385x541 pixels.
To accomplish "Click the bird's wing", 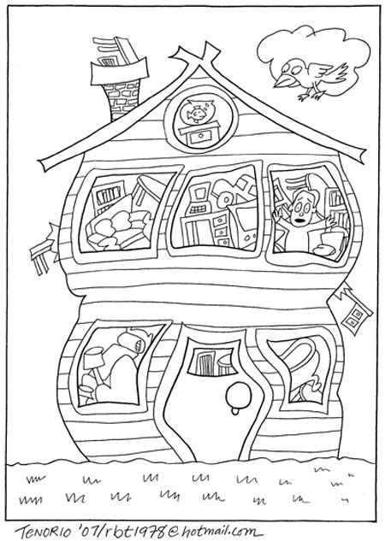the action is point(332,74).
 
